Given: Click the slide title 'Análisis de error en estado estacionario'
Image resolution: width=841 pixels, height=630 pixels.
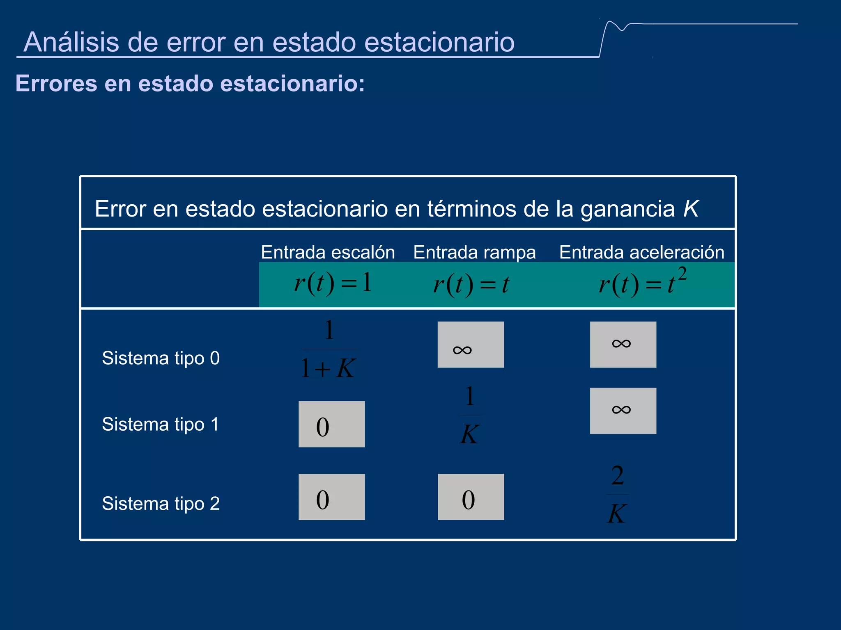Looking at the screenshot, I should point(269,42).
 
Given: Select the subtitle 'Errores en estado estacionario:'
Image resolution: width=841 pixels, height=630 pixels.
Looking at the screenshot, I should point(190,83).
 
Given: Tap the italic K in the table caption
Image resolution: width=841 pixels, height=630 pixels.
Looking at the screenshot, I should point(691,209).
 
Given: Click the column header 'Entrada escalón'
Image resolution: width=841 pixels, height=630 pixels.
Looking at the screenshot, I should point(328,252).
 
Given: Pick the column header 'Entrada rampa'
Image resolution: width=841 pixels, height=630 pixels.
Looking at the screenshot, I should point(474,252).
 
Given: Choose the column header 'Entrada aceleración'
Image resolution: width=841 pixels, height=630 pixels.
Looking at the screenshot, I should point(641,252).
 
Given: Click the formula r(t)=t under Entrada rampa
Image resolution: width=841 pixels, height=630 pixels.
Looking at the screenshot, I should point(471,284).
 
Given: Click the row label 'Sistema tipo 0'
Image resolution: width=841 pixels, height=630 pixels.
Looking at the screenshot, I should point(161,358).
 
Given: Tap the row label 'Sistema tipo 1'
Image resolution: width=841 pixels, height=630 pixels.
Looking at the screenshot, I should point(161,424).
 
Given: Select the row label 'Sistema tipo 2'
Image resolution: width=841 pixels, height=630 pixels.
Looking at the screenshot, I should point(161,504).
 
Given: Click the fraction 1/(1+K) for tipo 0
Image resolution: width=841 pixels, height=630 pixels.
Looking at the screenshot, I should point(329,349).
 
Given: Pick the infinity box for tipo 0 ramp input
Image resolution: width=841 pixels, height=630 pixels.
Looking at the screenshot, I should point(471,345).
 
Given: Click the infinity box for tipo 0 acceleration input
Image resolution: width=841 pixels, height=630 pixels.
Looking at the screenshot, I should point(623,345).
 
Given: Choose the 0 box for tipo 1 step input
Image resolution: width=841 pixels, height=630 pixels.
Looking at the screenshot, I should point(331,424).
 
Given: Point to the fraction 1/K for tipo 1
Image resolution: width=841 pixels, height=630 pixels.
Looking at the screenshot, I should point(470,415).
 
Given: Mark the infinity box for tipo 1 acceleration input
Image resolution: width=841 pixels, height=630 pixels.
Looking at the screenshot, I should point(623,411).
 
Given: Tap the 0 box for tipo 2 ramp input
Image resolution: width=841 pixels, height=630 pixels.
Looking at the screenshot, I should point(471,497).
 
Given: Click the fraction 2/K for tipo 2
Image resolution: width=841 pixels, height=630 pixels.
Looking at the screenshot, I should point(617,495).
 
